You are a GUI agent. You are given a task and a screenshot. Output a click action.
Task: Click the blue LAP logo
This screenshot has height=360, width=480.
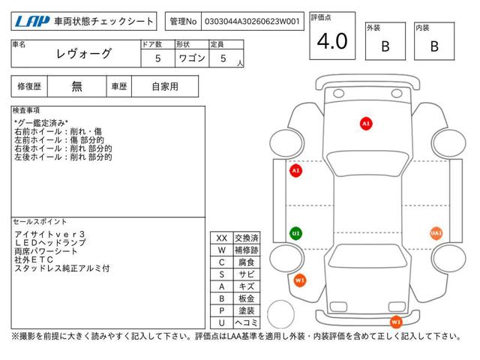pos(32,22)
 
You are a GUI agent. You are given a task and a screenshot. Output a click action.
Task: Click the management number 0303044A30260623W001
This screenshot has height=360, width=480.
pos(252,22)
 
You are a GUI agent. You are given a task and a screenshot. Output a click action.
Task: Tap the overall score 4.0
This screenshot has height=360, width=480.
pos(332,41)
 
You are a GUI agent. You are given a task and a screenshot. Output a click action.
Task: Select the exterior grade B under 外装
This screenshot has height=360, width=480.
pos(385,46)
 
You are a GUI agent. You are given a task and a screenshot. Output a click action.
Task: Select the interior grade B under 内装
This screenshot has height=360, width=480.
pos(434,46)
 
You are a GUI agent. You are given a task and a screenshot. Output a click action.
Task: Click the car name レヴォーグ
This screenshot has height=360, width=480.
pos(83,54)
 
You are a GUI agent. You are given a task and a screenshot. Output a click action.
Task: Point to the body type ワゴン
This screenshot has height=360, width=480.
pos(192,58)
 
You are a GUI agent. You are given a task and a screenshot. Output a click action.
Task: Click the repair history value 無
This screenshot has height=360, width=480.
pos(76,87)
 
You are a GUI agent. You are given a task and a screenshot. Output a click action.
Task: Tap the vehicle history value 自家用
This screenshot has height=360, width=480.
pos(165,87)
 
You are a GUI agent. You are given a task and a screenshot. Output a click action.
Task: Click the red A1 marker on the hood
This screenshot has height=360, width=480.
pos(366,124)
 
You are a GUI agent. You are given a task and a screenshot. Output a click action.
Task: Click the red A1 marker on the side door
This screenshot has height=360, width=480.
pos(295,170)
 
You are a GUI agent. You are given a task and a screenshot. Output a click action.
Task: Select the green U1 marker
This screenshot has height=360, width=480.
pos(295,233)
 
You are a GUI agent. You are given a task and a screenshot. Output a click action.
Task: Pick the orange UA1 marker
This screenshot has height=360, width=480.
pos(436,233)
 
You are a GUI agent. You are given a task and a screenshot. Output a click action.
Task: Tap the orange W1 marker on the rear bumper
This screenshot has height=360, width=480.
pos(396,322)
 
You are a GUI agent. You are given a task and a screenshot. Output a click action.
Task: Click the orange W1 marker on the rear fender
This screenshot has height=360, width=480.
pos(300,280)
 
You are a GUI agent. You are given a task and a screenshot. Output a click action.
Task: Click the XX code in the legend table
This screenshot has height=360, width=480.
pos(222,238)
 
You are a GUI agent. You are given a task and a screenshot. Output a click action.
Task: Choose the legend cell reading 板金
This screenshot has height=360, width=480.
pos(247,298)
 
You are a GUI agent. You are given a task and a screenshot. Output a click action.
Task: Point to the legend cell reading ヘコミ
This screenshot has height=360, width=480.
pos(247,322)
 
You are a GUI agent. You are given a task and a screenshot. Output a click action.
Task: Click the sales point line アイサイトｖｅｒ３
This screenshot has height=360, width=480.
pos(49,234)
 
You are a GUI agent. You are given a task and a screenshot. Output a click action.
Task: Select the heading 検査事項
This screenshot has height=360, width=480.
pos(26,110)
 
